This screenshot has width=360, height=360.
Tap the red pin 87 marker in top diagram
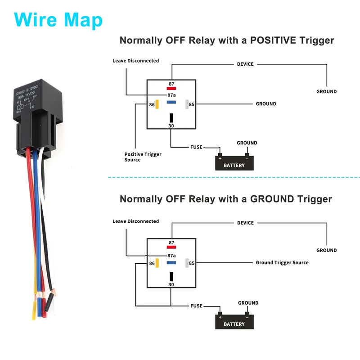[171, 88]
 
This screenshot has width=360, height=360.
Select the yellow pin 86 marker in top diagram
[157, 104]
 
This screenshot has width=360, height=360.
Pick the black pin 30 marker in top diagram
[171, 118]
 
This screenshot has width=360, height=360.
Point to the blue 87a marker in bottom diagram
[171, 262]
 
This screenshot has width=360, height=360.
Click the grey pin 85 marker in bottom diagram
[186, 263]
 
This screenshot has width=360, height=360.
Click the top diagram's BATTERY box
[234, 163]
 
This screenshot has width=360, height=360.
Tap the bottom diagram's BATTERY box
[234, 322]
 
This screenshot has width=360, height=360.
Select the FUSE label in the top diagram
[197, 147]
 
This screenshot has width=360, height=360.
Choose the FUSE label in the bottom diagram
[197, 306]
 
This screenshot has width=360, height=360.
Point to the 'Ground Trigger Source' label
[282, 262]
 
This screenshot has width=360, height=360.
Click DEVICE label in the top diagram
[245, 64]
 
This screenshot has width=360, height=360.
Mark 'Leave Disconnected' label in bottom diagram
[135, 221]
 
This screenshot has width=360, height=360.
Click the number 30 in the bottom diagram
[171, 285]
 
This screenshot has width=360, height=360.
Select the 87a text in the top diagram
[171, 95]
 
